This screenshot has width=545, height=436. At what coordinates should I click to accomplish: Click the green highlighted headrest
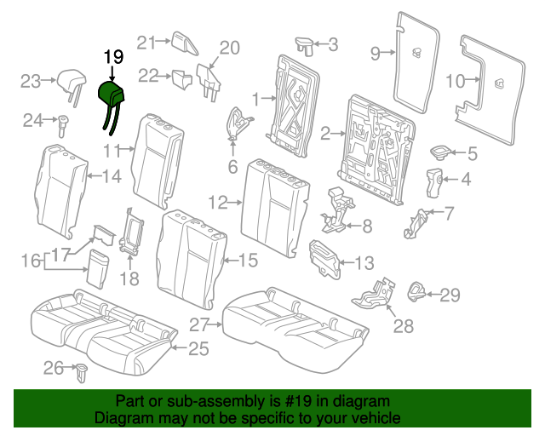pos(112,95)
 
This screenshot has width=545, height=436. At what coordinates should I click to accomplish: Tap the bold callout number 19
pos(113,57)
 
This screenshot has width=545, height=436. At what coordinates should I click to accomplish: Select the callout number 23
pos(31,82)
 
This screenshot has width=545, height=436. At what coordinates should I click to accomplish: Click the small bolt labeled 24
pos(63,126)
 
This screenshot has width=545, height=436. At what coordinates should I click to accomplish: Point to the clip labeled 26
pos(82,373)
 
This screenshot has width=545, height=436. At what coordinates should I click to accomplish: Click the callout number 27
pos(199,325)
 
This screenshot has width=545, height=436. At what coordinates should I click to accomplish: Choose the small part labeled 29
pos(416,291)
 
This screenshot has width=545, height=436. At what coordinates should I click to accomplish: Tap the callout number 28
pos(403,326)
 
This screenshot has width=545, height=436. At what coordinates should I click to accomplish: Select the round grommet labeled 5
pos(440,152)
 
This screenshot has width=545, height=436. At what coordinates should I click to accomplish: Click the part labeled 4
pos(434,183)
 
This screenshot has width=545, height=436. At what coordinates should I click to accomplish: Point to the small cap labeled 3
pos(305,45)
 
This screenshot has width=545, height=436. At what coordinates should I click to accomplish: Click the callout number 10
pos(456,81)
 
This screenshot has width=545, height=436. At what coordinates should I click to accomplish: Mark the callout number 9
pos(376,53)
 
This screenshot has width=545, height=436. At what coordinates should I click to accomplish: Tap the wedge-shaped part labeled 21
pos(184,43)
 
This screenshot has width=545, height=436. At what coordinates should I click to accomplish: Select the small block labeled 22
pos(181,79)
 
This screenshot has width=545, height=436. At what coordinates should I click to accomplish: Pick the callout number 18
pos(129,278)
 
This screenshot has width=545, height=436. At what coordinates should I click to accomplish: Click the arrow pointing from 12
pos(235,202)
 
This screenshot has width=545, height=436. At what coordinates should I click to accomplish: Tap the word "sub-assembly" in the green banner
pos(217,401)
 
